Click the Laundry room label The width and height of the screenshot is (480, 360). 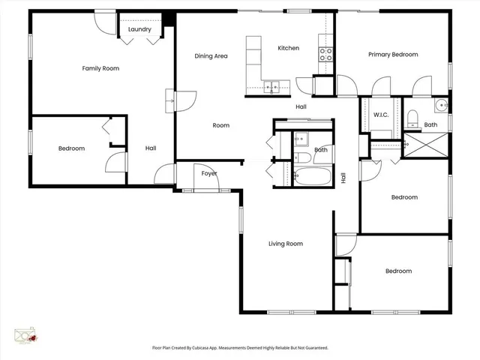click(139, 29)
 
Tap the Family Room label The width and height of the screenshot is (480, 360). click(100, 68)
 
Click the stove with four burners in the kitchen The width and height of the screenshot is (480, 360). click(326, 53)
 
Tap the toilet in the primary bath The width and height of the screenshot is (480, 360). click(412, 116)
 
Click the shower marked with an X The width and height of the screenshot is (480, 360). click(425, 144)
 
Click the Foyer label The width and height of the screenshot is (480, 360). click(209, 174)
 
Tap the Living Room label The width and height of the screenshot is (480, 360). click(286, 243)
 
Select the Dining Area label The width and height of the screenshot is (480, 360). click(211, 55)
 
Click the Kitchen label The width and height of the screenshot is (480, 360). click(288, 48)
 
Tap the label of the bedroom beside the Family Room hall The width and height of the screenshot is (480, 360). click(71, 148)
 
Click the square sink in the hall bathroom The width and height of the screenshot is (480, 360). click(300, 139)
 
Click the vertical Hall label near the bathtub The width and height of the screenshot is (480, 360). click(343, 178)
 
